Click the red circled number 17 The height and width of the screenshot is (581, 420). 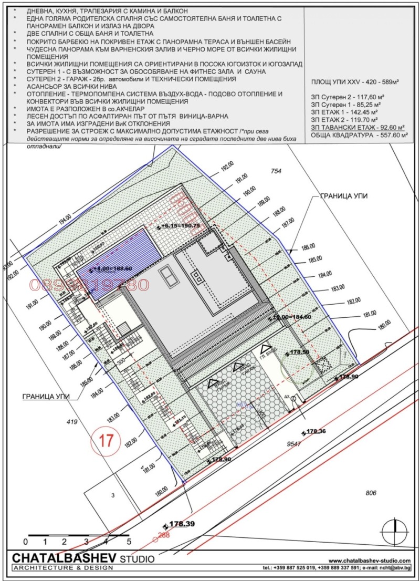[106, 440]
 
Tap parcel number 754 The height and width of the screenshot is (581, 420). [276, 171]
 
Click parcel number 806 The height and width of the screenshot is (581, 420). [371, 492]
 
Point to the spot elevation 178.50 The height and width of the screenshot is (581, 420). [299, 353]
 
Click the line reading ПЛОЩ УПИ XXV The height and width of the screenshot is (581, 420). [355, 82]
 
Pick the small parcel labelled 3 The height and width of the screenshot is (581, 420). [112, 495]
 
